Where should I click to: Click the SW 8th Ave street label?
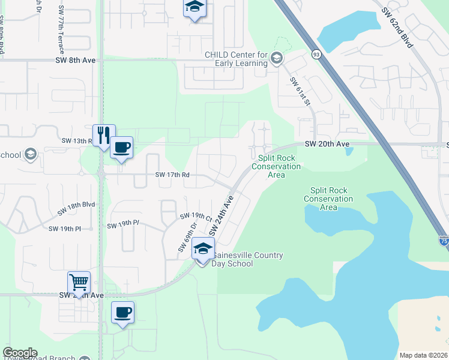(x=76, y=60)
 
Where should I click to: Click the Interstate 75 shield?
(x=444, y=241)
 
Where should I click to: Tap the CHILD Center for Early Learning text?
(x=236, y=58)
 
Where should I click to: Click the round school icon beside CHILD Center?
(x=276, y=58)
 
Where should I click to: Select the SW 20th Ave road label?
(x=327, y=144)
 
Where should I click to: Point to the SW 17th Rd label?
(x=172, y=175)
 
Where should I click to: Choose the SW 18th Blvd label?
(x=76, y=208)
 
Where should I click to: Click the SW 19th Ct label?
(x=197, y=216)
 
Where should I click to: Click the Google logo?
(x=20, y=353)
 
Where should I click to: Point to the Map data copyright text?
(x=423, y=355)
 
